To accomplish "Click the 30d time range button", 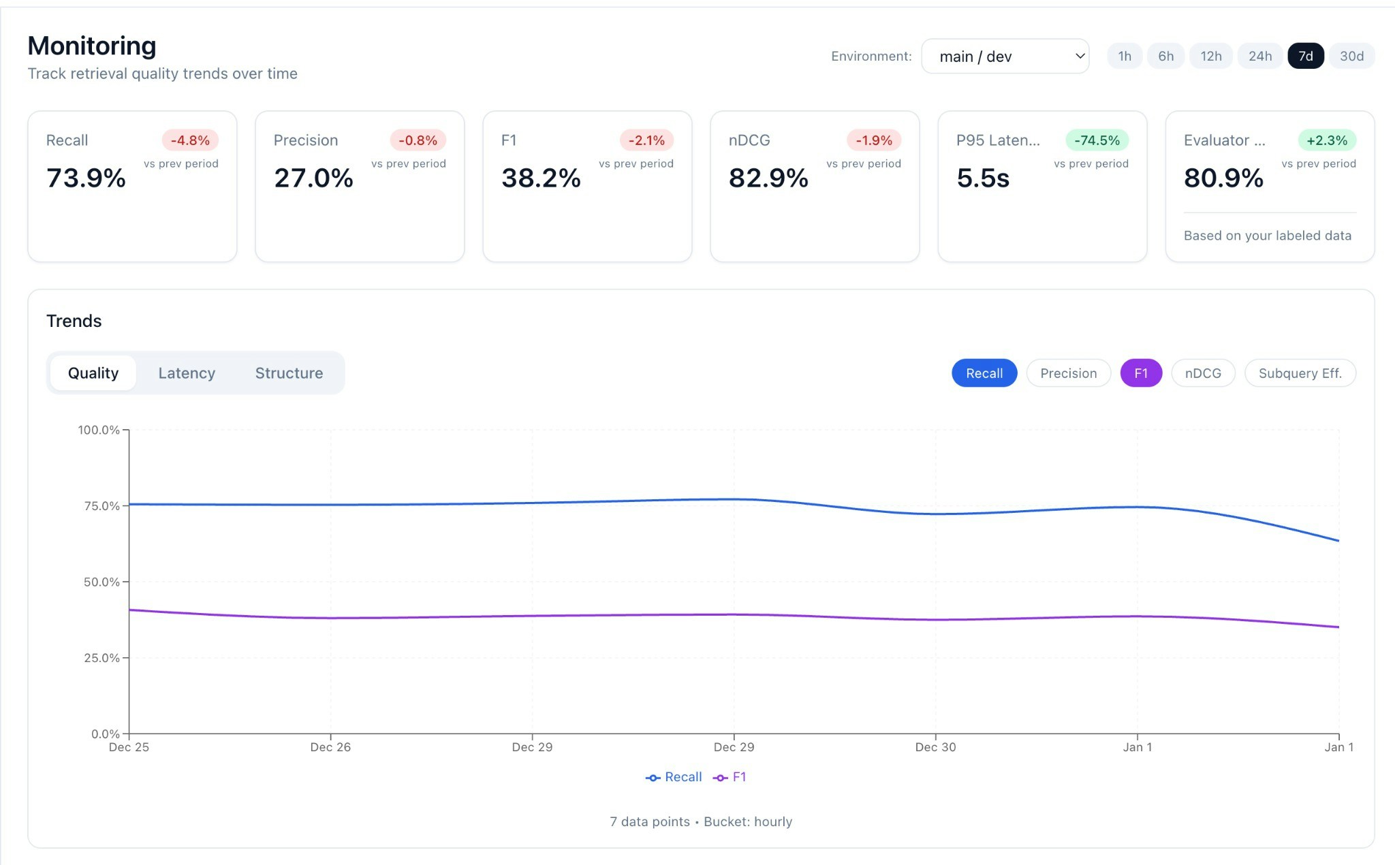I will coord(1351,56).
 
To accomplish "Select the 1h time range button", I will coord(1125,56).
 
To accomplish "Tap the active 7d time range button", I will coord(1305,56).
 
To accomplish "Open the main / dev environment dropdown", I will coord(1005,57).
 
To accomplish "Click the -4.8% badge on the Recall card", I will coord(190,140).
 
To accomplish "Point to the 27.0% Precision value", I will coord(313,178).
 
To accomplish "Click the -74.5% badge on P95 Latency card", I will coord(1097,140).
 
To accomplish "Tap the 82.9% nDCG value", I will coord(768,178).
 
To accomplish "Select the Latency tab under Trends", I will coord(187,373).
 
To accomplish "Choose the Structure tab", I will coord(289,373).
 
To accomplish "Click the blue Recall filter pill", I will coord(984,373).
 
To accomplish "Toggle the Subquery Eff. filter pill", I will coord(1300,373).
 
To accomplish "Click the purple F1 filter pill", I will coord(1141,373).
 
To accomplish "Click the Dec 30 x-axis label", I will coord(935,747).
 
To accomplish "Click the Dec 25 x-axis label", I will coord(129,747).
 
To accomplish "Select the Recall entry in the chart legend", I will coord(674,777).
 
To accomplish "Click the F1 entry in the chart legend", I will coord(731,777).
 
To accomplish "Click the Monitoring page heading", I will coord(92,46).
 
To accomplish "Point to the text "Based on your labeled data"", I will coord(1267,236).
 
